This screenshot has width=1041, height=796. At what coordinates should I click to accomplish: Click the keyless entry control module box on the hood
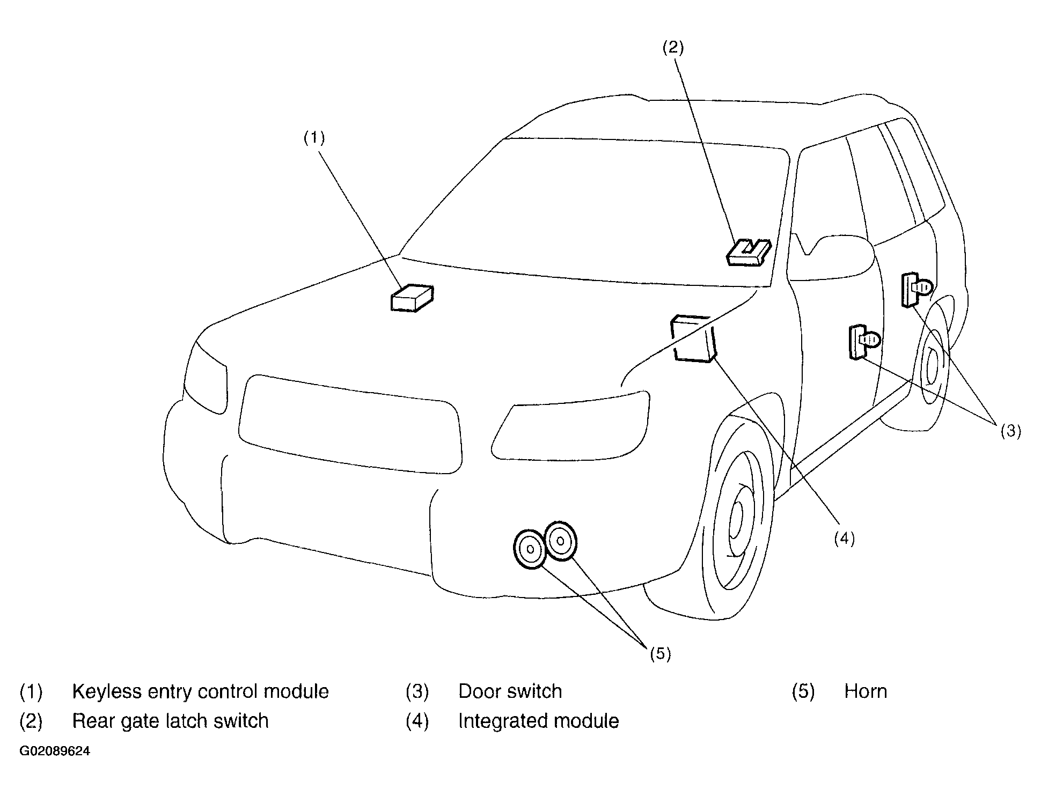pos(412,298)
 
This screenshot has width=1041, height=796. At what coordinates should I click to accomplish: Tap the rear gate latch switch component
pos(749,253)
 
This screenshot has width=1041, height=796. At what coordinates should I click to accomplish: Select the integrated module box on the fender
pos(694,339)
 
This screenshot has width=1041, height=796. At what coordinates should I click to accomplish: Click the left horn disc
pos(530,549)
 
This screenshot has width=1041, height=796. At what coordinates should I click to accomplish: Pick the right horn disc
pos(560,541)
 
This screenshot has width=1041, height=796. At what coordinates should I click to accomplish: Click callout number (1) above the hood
pos(314,138)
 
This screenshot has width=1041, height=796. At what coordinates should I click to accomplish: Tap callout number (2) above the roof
pos(673,48)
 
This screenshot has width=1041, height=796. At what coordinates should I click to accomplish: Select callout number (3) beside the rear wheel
pos(1010,431)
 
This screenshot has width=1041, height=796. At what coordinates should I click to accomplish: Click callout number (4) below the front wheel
pos(844,538)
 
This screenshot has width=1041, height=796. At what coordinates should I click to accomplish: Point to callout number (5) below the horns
pos(661,653)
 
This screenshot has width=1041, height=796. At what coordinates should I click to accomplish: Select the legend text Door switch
pos(510,691)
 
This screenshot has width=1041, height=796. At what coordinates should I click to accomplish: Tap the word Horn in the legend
pos(866,691)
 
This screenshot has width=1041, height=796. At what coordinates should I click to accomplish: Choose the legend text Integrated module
pos(539,721)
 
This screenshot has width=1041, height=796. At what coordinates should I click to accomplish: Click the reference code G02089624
pos(55,751)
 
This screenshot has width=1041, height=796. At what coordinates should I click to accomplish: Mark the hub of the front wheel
pos(737,519)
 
